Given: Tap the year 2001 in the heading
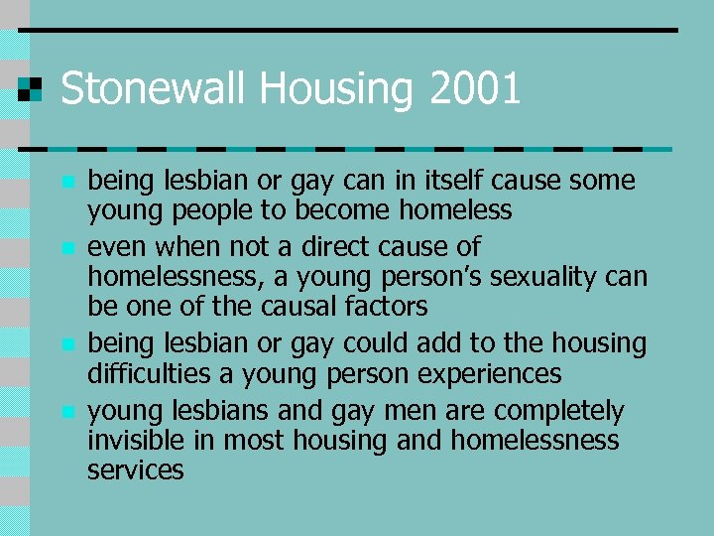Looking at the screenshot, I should (x=476, y=89).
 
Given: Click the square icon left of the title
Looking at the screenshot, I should (x=31, y=88).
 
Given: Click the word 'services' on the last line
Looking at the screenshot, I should (x=136, y=469).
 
